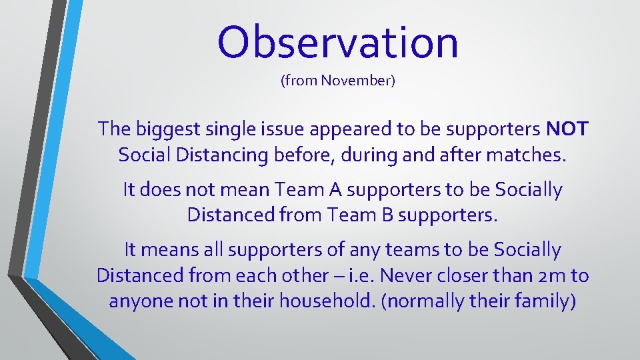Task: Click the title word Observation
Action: pyautogui.click(x=337, y=41)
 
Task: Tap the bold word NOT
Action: pyautogui.click(x=567, y=129)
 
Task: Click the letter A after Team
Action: pyautogui.click(x=335, y=190)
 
